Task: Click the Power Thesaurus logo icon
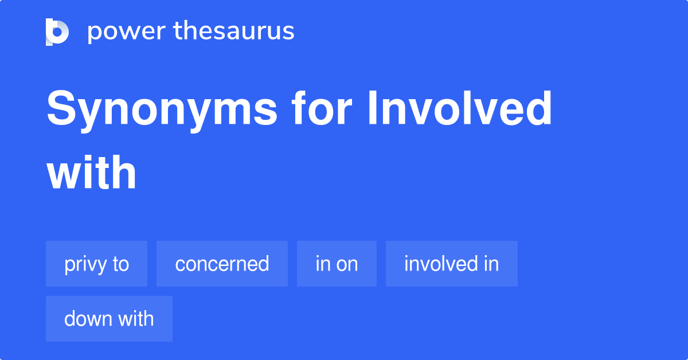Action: (57, 32)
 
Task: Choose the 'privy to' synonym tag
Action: (96, 264)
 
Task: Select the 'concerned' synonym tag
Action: (222, 264)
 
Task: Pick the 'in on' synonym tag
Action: (337, 264)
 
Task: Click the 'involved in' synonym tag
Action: (451, 264)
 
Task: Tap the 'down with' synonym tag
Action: (109, 319)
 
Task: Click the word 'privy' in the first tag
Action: (85, 264)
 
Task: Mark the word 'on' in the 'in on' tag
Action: (346, 264)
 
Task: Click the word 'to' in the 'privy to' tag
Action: (121, 264)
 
